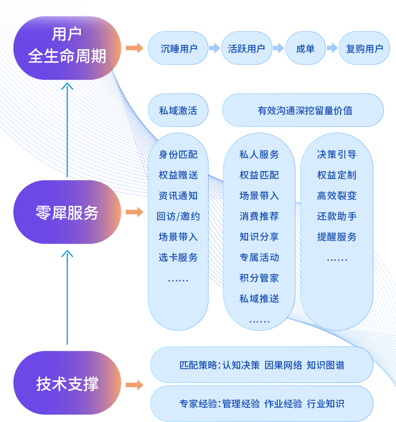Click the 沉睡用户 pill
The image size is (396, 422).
[178, 48]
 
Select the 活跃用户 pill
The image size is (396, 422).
[247, 48]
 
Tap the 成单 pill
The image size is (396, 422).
[305, 48]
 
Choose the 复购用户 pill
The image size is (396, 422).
[364, 48]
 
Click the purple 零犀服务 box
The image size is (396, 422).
[67, 212]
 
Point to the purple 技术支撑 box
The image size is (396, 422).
[67, 383]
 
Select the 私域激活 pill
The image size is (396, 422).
[178, 110]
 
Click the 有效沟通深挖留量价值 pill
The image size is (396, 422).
[303, 110]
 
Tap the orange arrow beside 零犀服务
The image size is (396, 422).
[135, 212]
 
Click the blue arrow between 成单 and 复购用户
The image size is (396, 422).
[332, 48]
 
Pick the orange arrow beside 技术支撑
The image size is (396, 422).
[135, 385]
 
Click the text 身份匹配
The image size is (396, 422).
[178, 154]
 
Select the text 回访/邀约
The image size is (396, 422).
[178, 217]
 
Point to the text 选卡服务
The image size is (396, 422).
[178, 258]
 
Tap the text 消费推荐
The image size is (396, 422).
[259, 217]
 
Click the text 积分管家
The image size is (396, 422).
[259, 278]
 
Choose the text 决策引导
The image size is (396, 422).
[337, 154]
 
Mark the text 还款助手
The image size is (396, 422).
[337, 217]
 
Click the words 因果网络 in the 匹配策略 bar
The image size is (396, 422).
[284, 365]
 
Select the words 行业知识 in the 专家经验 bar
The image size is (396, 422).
[326, 404]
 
